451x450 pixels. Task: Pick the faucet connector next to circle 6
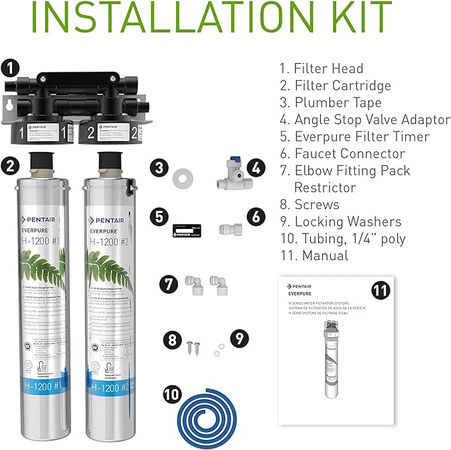[x=229, y=230]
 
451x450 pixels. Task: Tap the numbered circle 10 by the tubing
[x=171, y=393]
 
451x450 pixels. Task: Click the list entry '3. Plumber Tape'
[x=330, y=102]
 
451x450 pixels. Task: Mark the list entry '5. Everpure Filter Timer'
[x=354, y=137]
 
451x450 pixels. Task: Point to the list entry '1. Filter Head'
[x=321, y=68]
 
